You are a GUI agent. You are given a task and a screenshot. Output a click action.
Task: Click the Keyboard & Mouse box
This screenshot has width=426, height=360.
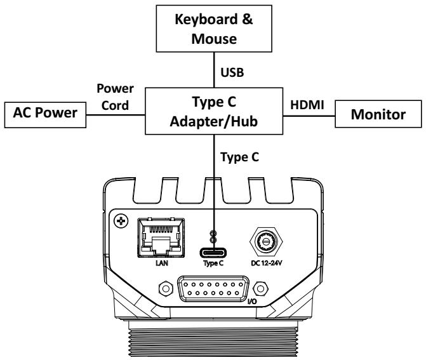214,29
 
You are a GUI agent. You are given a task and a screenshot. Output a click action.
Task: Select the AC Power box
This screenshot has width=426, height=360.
45,115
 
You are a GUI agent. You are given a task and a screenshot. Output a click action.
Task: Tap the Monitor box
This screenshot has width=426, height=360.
378,114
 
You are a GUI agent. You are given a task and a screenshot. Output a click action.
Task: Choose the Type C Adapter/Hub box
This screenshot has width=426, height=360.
214,111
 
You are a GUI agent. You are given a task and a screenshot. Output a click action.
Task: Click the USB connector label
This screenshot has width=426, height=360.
232,72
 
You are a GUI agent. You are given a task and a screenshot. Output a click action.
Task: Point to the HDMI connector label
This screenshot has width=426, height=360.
307,105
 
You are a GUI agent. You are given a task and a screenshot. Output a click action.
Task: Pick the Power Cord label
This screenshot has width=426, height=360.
115,97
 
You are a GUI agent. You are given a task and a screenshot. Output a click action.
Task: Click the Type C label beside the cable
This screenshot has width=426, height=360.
239,157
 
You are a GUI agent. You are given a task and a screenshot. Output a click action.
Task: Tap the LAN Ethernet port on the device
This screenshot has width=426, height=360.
161,237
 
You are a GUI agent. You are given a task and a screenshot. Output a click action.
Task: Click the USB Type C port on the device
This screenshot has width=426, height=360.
213,253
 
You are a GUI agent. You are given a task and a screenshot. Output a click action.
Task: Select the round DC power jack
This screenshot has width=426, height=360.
266,241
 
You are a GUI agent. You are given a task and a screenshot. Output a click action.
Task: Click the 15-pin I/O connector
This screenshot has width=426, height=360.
213,289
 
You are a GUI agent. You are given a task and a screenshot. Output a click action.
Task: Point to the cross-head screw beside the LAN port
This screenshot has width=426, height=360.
121,221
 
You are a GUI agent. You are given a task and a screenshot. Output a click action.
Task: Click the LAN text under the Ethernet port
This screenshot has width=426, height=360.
162,263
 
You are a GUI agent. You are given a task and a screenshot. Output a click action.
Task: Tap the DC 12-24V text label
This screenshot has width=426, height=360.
267,263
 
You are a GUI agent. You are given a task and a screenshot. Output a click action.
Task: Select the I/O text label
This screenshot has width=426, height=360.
252,302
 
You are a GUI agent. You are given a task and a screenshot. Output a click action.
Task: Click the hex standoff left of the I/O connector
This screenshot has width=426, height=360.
166,288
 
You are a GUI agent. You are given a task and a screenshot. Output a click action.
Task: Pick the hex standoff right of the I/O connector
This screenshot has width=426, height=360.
260,288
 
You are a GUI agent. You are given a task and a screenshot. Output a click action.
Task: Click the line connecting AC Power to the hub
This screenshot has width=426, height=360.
116,115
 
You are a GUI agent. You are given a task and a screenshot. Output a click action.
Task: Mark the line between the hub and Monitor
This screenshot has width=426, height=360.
309,116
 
